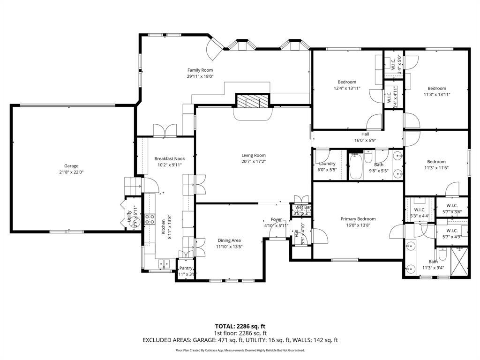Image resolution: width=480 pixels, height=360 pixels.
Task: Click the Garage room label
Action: [71, 165]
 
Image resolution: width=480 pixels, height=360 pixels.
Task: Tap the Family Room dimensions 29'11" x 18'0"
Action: [200, 76]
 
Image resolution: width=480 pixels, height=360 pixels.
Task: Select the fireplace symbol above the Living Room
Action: [253, 101]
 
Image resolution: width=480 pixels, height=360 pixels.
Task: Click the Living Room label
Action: [254, 155]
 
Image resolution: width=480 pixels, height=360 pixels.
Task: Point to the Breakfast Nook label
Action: [170, 158]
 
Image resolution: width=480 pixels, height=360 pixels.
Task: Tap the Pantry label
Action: [186, 268]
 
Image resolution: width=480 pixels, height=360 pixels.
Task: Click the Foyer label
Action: [276, 219]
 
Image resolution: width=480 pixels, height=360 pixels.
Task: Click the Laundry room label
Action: [327, 164]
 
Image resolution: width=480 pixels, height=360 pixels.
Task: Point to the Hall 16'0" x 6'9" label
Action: [365, 134]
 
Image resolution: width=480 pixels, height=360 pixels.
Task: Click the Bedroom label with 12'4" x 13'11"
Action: [347, 82]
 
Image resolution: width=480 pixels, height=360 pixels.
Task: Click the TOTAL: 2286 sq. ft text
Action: [240, 326]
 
